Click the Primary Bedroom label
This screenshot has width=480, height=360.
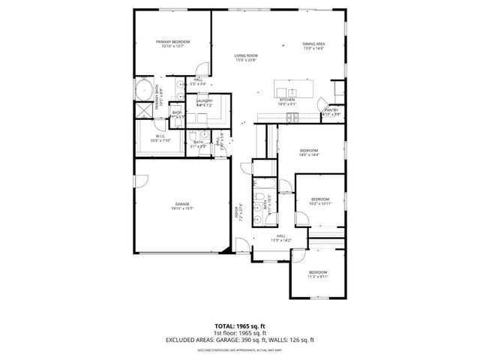click(x=172, y=43)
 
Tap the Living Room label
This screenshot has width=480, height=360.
click(x=245, y=58)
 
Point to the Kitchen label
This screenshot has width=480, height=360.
click(x=287, y=101)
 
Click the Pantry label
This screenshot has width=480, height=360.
click(x=331, y=112)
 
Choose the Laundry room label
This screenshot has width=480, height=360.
click(x=204, y=103)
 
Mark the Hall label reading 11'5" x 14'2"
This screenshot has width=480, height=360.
click(x=281, y=238)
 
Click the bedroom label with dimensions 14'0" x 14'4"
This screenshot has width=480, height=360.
click(x=309, y=152)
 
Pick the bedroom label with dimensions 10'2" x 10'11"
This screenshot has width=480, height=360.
click(x=320, y=201)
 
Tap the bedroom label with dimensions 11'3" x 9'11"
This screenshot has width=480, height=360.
click(x=317, y=274)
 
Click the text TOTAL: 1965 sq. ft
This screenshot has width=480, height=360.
click(x=239, y=327)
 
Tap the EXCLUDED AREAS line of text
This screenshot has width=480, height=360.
click(x=239, y=340)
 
